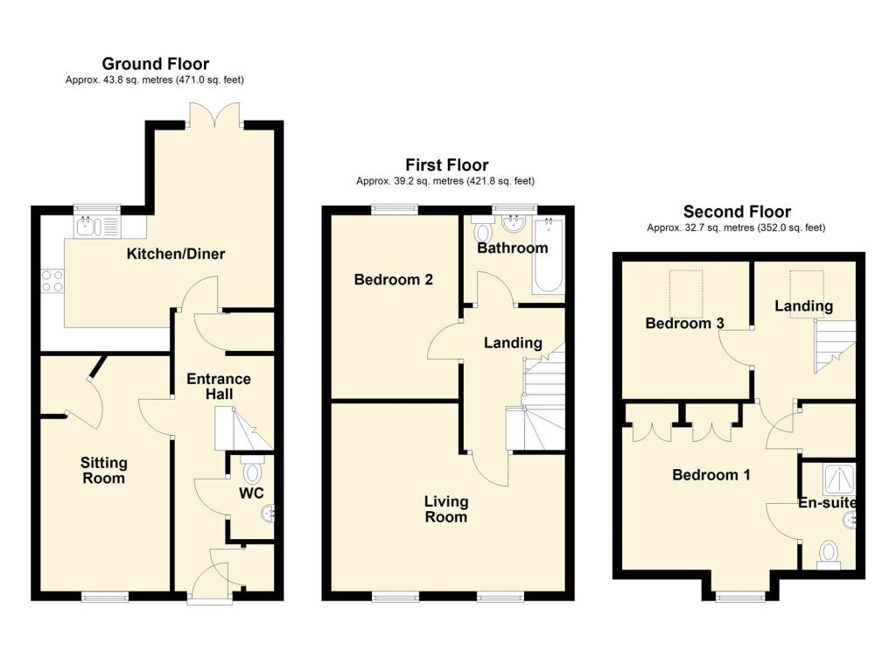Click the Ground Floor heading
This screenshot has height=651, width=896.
[x=155, y=63]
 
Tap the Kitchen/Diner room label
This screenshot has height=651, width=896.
[x=176, y=255]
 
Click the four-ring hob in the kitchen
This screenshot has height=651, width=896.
[x=52, y=280]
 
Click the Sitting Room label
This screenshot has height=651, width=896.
[x=103, y=470]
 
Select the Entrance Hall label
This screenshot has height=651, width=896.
[x=219, y=387]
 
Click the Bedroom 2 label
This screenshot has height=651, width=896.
[x=394, y=280]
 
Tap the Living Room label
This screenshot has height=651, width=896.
[x=445, y=509]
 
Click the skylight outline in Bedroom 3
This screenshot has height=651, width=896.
[x=686, y=293]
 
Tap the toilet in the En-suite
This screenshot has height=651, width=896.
[x=829, y=554]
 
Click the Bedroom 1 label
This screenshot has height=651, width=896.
[x=710, y=475]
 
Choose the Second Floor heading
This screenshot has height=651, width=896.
[x=737, y=212]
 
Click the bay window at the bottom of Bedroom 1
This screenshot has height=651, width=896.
[x=738, y=598]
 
